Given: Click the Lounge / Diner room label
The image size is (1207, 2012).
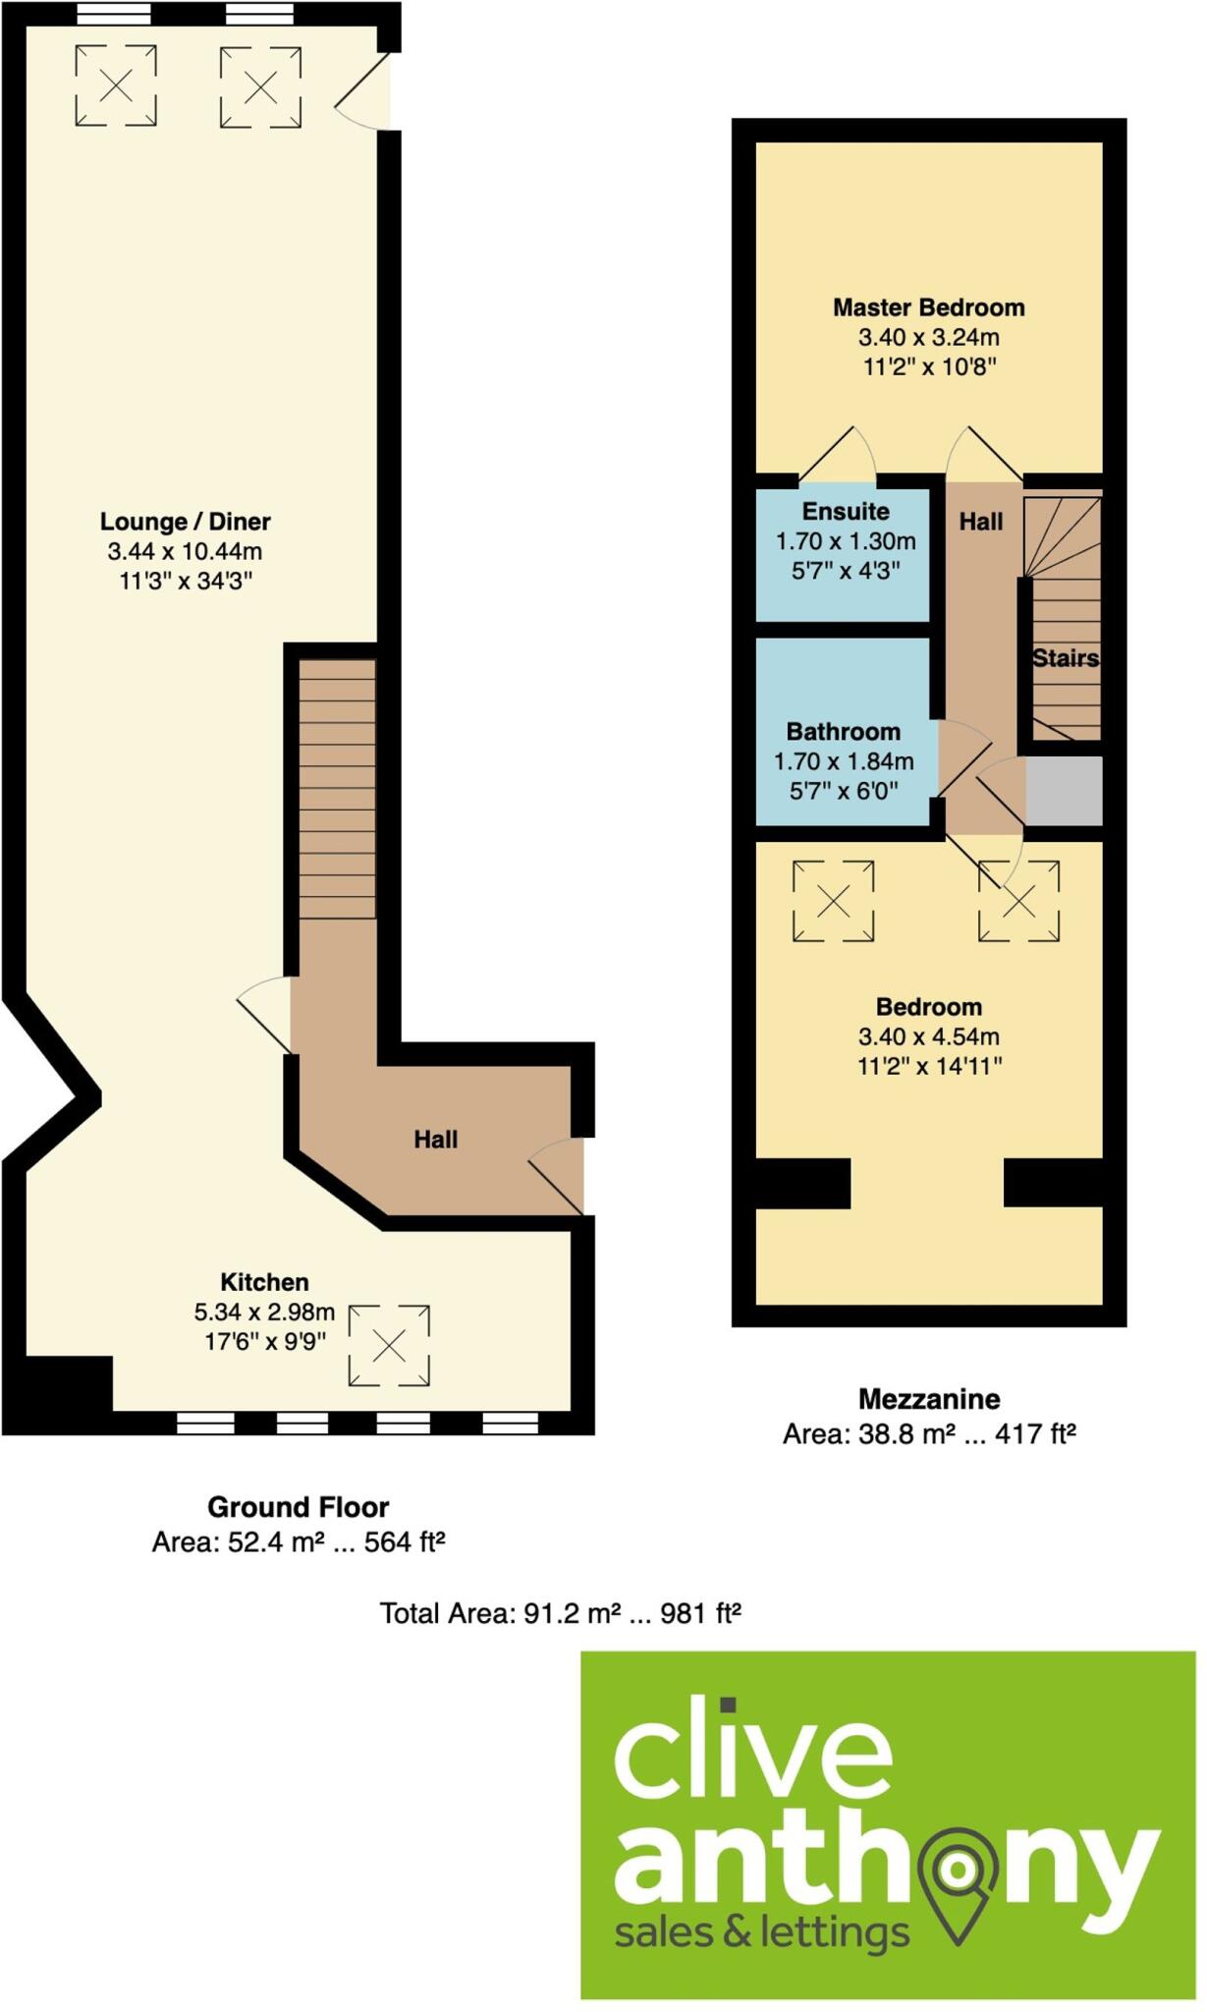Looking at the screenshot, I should (x=185, y=522).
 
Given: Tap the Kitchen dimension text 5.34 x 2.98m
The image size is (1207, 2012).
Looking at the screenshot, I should (x=264, y=1313).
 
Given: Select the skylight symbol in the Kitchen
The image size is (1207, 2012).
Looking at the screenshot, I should (x=389, y=1346).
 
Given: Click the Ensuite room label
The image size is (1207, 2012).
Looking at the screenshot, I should (x=846, y=512).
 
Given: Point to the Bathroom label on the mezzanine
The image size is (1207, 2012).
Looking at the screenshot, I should (x=843, y=732).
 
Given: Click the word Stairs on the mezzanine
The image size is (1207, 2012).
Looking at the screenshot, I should (x=1065, y=658).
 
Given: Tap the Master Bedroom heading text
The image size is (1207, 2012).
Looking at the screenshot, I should (x=928, y=307).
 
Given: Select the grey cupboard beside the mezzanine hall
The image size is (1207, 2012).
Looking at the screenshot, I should (x=1064, y=791).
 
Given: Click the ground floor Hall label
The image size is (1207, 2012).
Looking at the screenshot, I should (x=435, y=1140).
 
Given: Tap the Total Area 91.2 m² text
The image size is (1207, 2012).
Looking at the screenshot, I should (x=560, y=1614).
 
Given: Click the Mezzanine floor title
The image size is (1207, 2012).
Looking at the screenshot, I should (x=929, y=1399).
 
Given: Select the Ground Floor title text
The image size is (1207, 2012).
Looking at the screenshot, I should (x=298, y=1507).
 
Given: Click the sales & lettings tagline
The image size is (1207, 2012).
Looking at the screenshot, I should (x=761, y=1933).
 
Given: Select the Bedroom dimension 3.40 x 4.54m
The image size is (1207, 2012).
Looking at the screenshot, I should (x=928, y=1036).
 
